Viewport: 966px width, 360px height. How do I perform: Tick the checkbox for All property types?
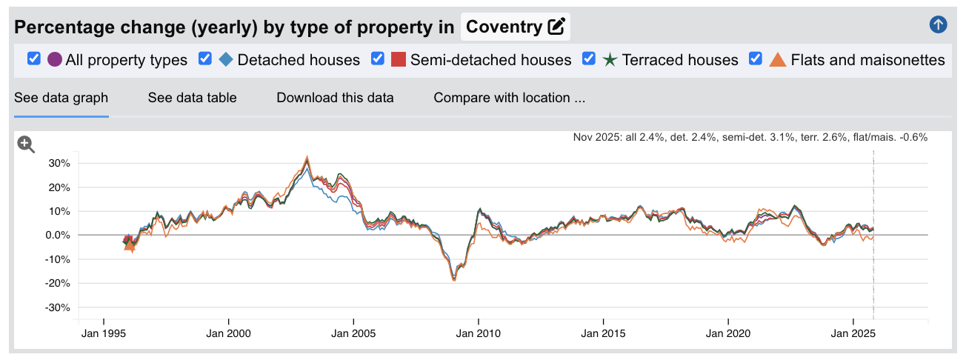pos(33,59)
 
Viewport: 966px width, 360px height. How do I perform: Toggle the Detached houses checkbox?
pos(205,59)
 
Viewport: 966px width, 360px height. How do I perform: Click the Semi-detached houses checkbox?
pos(378,59)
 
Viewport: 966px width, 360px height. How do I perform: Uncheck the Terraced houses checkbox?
pos(590,59)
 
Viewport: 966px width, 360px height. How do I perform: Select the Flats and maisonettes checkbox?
pos(756,59)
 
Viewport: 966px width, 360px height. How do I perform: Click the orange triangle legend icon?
pos(778,59)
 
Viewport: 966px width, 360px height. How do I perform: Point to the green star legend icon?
pos(610,59)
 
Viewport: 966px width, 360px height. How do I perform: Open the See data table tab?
pos(192,98)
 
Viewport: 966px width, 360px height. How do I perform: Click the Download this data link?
pos(335,98)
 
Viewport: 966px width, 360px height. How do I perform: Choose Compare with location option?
pos(509,98)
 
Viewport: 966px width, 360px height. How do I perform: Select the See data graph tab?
pos(61,98)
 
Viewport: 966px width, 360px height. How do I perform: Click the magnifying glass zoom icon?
pos(27,144)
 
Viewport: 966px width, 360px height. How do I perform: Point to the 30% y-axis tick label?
pos(59,163)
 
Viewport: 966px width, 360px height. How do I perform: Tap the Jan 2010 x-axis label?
pos(479,333)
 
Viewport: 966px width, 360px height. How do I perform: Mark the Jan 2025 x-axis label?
pos(853,333)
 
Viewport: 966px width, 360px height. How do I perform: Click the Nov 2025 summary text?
pos(750,137)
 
